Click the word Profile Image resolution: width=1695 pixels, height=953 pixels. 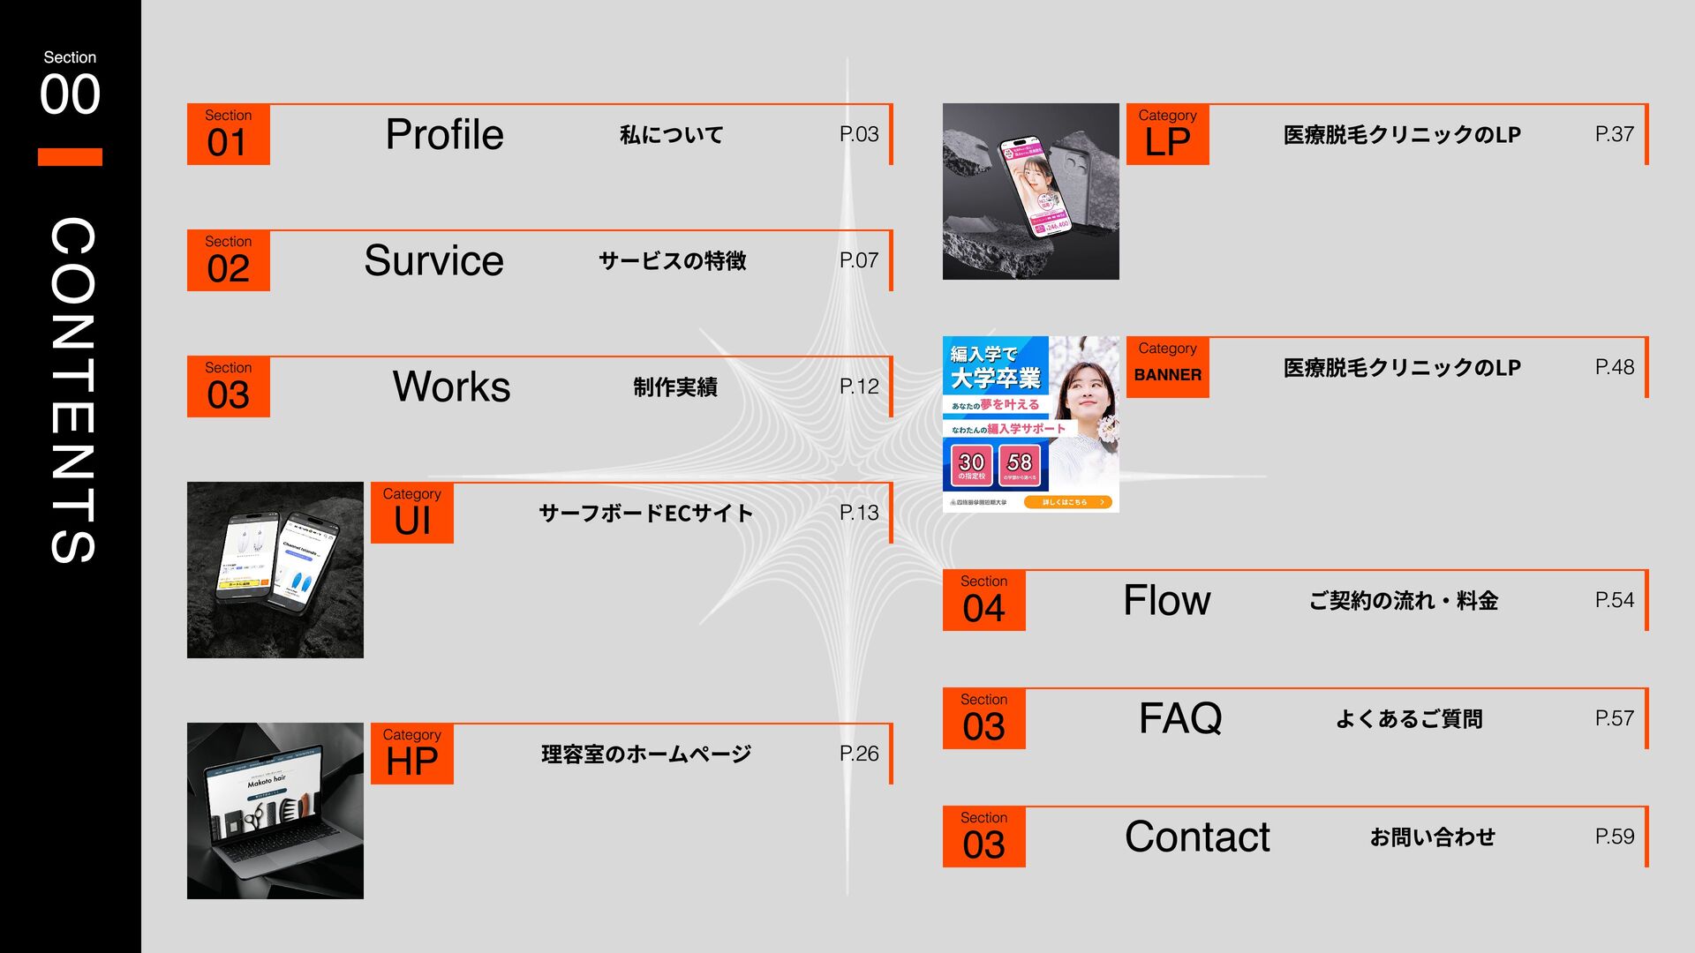click(x=444, y=135)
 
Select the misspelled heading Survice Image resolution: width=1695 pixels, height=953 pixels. click(x=433, y=261)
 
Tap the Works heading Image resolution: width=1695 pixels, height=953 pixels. click(x=451, y=387)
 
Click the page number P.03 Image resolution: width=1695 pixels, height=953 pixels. click(x=858, y=134)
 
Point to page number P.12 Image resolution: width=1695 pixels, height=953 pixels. click(x=858, y=386)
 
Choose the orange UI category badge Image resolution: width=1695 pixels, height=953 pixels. click(x=412, y=513)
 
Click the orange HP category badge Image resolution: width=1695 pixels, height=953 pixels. click(x=412, y=754)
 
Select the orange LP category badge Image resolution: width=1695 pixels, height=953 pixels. click(x=1167, y=134)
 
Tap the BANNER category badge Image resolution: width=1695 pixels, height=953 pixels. click(x=1167, y=367)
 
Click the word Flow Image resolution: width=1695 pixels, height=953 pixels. click(x=1166, y=601)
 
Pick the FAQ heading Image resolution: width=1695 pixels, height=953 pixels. click(x=1180, y=718)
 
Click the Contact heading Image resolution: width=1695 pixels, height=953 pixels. click(x=1197, y=837)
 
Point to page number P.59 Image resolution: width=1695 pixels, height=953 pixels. click(x=1614, y=837)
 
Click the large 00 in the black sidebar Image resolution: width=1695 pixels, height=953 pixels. click(x=70, y=94)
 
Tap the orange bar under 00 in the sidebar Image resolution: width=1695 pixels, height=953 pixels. click(x=70, y=157)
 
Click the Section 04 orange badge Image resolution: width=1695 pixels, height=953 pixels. click(x=983, y=601)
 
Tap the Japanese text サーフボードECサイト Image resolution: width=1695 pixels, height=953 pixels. click(x=645, y=514)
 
